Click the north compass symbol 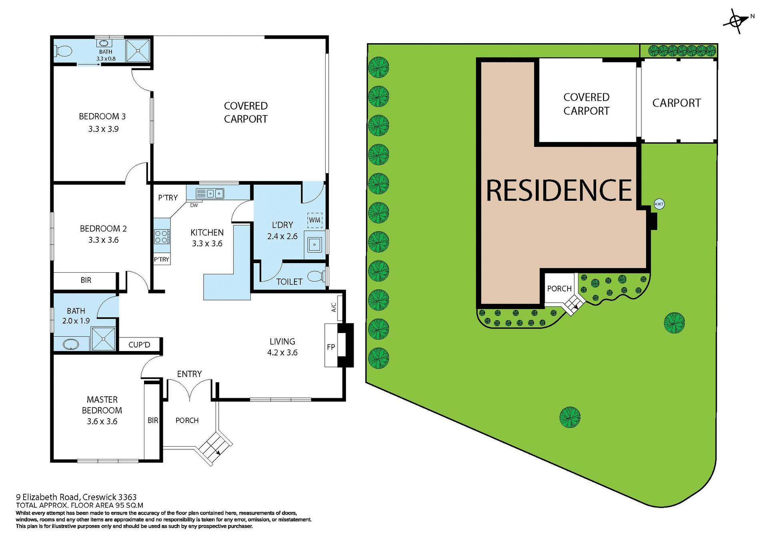coord(737,21)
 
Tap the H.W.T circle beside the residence coord(659,204)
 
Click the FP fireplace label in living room coord(331,347)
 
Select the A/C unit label coord(334,307)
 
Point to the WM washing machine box coord(315,220)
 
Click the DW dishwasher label coord(194,206)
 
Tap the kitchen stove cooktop coord(162,236)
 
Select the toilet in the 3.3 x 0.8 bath coord(64,51)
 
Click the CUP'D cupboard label coord(139,345)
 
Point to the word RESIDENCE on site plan coord(559,190)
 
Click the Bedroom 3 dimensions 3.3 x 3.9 coord(103,129)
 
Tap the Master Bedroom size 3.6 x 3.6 coord(102,421)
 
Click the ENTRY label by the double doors coord(189,374)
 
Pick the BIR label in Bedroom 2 coord(86,280)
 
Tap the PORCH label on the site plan coord(559,289)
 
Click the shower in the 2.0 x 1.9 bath coord(103,339)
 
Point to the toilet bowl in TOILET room coord(316,276)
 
